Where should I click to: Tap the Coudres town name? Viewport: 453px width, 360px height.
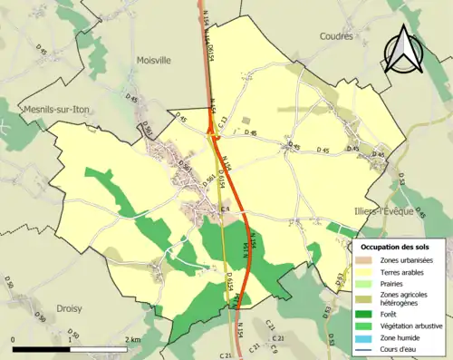(336, 36)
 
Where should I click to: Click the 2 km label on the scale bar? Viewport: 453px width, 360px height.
(134, 340)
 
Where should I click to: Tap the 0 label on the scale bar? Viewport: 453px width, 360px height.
(14, 340)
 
